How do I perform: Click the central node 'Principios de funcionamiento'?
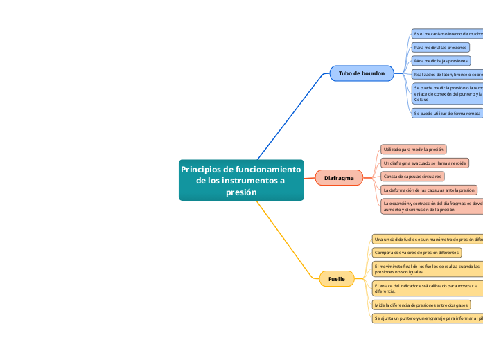pyautogui.click(x=240, y=180)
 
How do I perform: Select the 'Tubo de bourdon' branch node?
pyautogui.click(x=361, y=73)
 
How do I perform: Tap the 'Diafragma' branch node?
pyautogui.click(x=339, y=178)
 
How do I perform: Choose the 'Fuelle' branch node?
pyautogui.click(x=336, y=278)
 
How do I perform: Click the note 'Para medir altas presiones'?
pyautogui.click(x=440, y=47)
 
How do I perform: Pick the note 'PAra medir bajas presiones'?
pyautogui.click(x=441, y=61)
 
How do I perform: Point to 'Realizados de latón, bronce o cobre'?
pyautogui.click(x=447, y=74)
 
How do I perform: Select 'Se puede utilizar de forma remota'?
pyautogui.click(x=447, y=112)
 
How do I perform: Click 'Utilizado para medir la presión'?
pyautogui.click(x=412, y=149)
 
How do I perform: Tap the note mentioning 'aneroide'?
pyautogui.click(x=424, y=163)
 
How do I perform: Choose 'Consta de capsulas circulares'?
pyautogui.click(x=412, y=176)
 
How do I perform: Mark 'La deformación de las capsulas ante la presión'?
pyautogui.click(x=429, y=189)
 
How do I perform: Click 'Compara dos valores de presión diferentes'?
pyautogui.click(x=416, y=253)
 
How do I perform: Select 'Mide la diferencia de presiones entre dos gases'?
pyautogui.click(x=421, y=305)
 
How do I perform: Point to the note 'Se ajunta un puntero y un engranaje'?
pyautogui.click(x=427, y=318)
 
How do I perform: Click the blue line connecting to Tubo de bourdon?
pyautogui.click(x=291, y=114)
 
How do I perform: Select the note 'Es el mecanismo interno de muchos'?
pyautogui.click(x=447, y=33)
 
